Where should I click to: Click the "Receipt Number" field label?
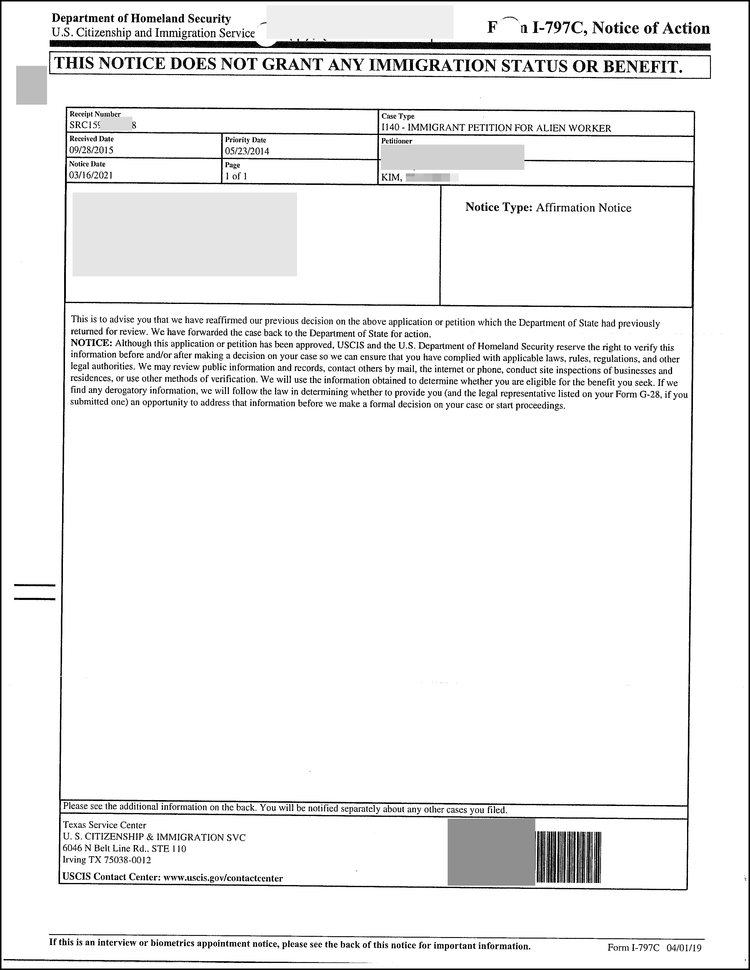tap(95, 114)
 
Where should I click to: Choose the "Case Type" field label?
tap(398, 116)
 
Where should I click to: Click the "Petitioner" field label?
tap(397, 141)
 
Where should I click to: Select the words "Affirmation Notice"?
tap(584, 208)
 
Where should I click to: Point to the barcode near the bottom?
tap(569, 857)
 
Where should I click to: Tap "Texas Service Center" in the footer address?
tap(104, 825)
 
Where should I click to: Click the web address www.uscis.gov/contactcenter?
tap(223, 878)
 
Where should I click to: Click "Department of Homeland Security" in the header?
tap(141, 19)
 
